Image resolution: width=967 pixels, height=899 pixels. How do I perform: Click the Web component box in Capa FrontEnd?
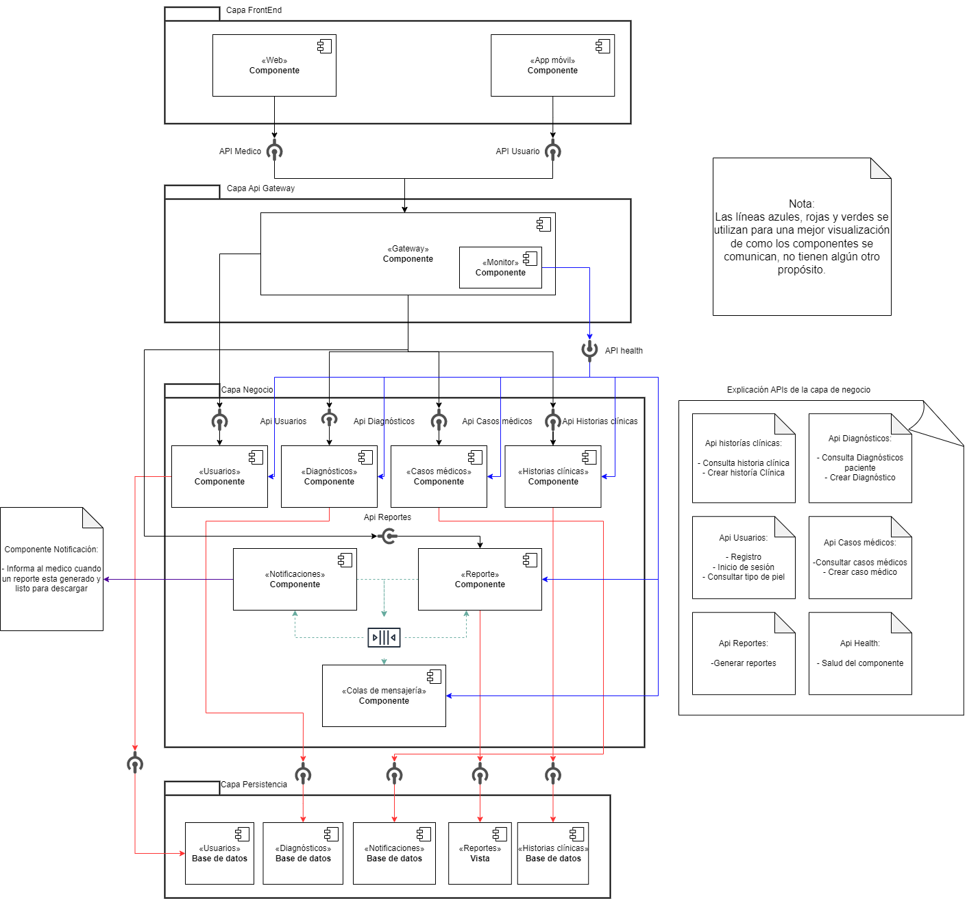point(274,66)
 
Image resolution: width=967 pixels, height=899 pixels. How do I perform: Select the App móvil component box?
point(552,66)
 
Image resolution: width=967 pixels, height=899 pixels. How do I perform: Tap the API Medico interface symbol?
point(274,151)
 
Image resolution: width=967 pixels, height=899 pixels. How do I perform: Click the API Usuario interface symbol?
point(552,151)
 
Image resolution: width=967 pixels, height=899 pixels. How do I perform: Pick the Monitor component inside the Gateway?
point(500,267)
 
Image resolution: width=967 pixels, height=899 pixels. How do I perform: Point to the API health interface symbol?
point(589,349)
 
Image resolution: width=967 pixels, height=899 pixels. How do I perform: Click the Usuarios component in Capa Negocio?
point(219,477)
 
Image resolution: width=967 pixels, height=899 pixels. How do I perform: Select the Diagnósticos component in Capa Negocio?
point(329,477)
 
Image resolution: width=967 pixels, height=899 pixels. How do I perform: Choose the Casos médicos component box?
point(439,477)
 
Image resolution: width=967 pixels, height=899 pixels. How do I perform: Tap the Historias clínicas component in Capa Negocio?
point(552,477)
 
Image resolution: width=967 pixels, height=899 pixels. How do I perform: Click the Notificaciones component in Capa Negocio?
point(295,579)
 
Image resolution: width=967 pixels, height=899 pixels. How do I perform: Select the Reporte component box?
point(480,579)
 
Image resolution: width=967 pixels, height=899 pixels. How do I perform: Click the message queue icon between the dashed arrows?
point(384,637)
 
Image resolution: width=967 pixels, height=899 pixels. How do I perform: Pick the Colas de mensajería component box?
point(384,695)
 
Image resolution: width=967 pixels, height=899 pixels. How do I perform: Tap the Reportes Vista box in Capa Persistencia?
point(480,853)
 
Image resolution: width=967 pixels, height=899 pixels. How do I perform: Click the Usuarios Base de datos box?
point(219,853)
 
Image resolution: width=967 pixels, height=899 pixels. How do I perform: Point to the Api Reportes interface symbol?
point(388,536)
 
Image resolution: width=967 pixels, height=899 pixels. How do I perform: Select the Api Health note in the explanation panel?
point(860,654)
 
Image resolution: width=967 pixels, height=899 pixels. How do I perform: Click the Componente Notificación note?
point(51,569)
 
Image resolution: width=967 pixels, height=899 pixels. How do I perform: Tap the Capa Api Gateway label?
point(260,188)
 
